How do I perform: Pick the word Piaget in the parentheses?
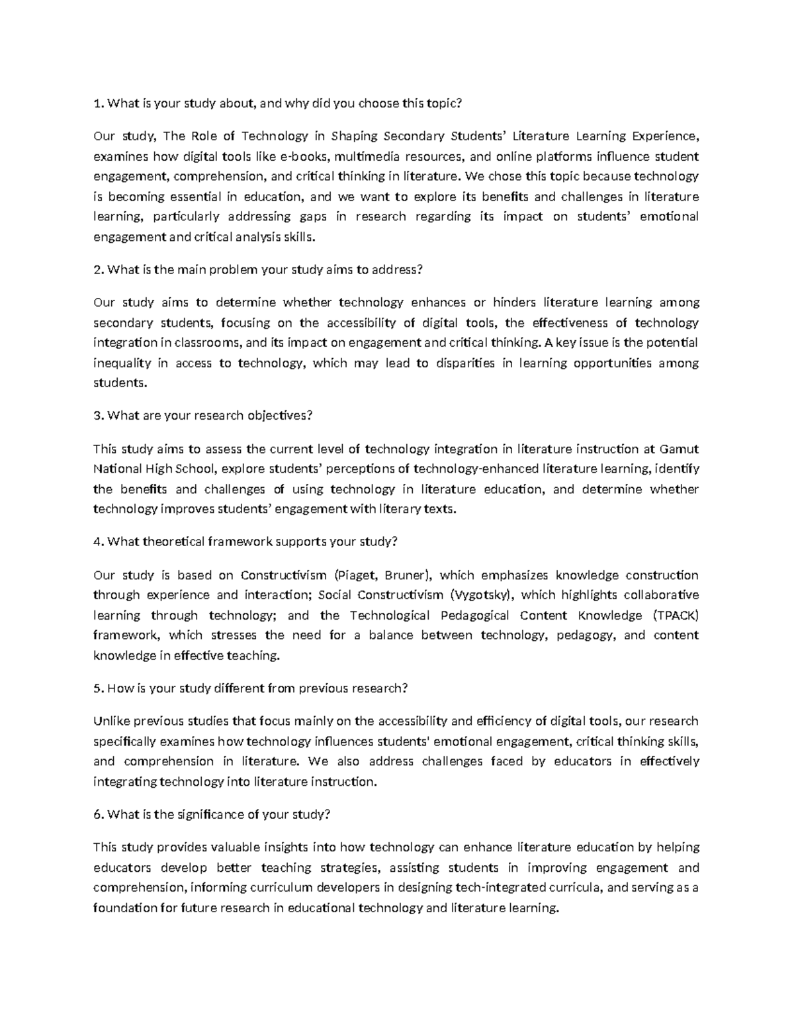coord(359,575)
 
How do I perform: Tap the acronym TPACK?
coord(676,615)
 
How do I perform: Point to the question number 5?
coord(98,688)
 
